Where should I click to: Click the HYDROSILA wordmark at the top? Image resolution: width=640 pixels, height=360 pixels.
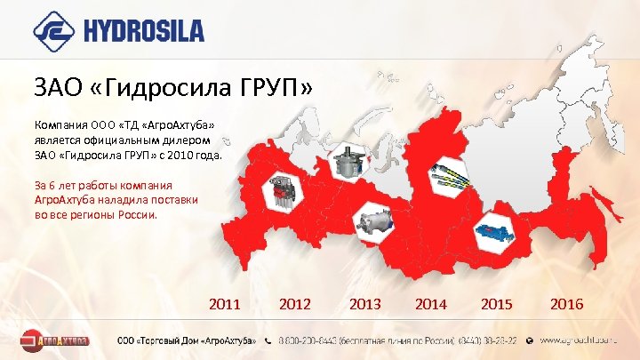pos(145,32)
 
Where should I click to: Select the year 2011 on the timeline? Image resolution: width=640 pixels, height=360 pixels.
pos(225,304)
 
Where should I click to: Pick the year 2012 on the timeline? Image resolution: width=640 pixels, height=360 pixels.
pos(295,304)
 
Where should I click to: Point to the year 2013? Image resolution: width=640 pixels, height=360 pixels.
pos(365,304)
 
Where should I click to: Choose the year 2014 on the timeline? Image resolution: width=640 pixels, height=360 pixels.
pos(431,304)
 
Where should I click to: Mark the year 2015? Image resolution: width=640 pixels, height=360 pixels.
pos(497,304)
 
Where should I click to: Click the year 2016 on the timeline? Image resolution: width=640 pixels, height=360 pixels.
pos(567,304)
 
